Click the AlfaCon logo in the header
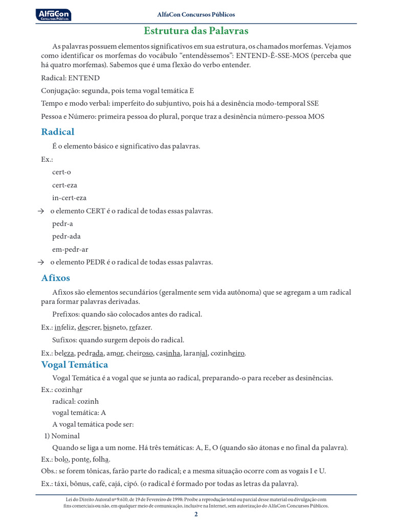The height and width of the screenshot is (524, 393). point(54,15)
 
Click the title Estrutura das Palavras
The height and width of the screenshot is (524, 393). point(196,31)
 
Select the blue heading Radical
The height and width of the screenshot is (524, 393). point(58,132)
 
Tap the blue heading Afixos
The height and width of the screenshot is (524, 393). point(56,278)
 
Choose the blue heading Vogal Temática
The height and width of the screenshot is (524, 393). point(75,364)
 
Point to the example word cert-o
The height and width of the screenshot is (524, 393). point(61,172)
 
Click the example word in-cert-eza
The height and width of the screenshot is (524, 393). point(69,198)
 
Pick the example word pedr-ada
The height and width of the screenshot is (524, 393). point(67,236)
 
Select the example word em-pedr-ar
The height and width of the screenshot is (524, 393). point(70,249)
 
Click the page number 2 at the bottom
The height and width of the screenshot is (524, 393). point(196,514)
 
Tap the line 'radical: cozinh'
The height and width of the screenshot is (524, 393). point(75,401)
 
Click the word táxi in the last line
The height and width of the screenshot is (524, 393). point(62,484)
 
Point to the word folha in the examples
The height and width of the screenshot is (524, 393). point(101,459)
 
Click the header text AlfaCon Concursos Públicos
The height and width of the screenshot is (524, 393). point(196,15)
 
